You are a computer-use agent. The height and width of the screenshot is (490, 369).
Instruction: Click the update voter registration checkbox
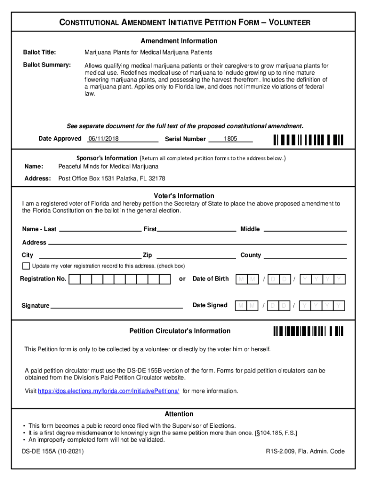[26, 266]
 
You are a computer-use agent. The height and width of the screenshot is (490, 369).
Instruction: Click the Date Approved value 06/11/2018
[103, 139]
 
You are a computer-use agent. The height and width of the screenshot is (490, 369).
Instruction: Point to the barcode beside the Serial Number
[309, 140]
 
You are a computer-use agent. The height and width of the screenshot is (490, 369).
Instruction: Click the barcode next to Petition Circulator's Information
[309, 331]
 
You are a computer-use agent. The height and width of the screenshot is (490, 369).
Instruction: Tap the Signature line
[116, 306]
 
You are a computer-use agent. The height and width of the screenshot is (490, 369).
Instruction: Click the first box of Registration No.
[75, 279]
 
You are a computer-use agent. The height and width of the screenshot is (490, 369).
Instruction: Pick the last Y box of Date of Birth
[340, 279]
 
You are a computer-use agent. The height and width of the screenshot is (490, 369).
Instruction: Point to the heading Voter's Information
[184, 196]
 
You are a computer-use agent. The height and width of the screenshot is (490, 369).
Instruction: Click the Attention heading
[179, 414]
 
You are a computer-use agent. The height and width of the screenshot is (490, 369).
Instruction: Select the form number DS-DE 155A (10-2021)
[53, 451]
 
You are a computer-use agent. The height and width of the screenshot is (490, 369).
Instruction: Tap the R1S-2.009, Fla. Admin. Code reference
[305, 451]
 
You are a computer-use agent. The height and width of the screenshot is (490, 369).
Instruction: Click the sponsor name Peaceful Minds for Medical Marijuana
[108, 167]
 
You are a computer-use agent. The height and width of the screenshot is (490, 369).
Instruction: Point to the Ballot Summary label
[47, 65]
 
